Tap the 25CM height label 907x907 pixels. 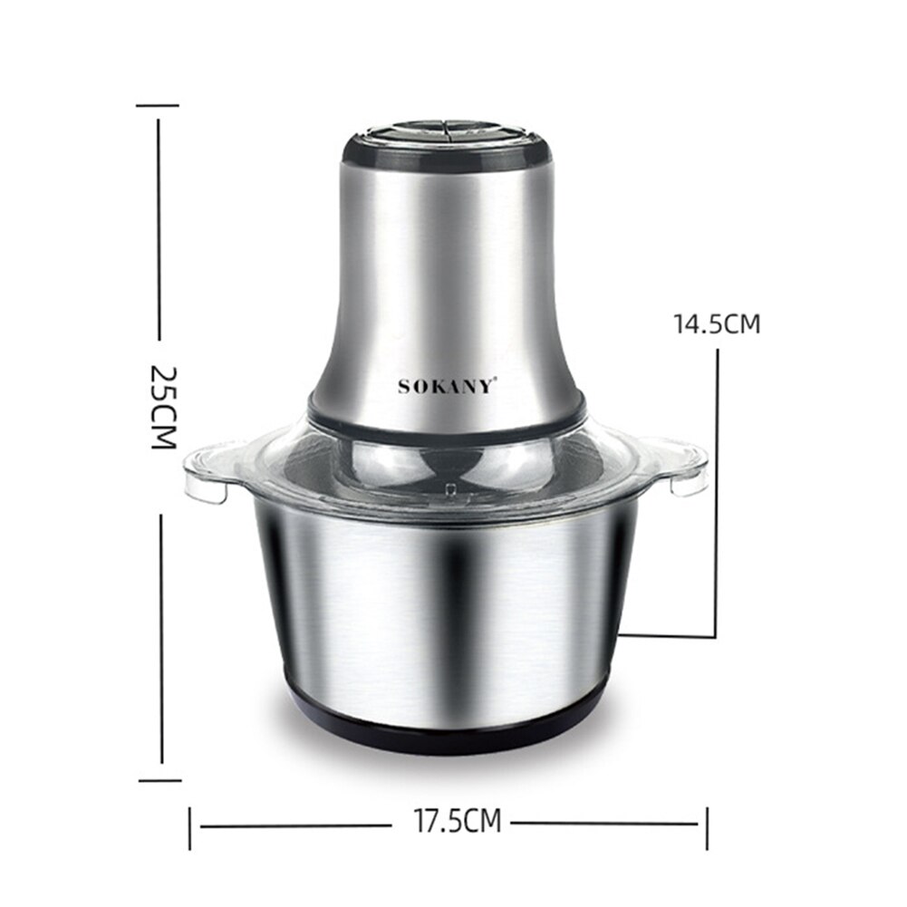(x=162, y=408)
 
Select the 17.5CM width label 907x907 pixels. (x=458, y=823)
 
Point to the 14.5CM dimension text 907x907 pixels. (x=716, y=324)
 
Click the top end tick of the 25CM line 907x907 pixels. (x=158, y=106)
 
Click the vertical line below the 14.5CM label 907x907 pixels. (x=718, y=489)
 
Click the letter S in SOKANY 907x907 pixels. (x=404, y=387)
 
